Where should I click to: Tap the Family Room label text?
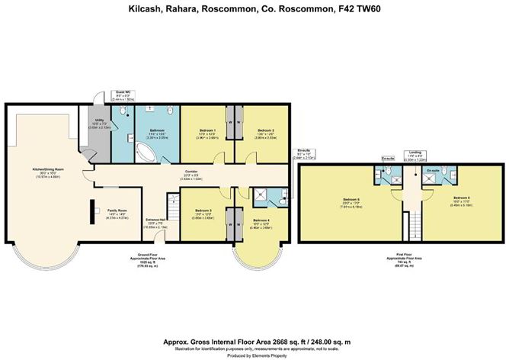pos(117,211)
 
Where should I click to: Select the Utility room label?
pos(99,121)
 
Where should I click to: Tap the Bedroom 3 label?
pos(202,211)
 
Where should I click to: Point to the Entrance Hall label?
pos(156,222)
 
